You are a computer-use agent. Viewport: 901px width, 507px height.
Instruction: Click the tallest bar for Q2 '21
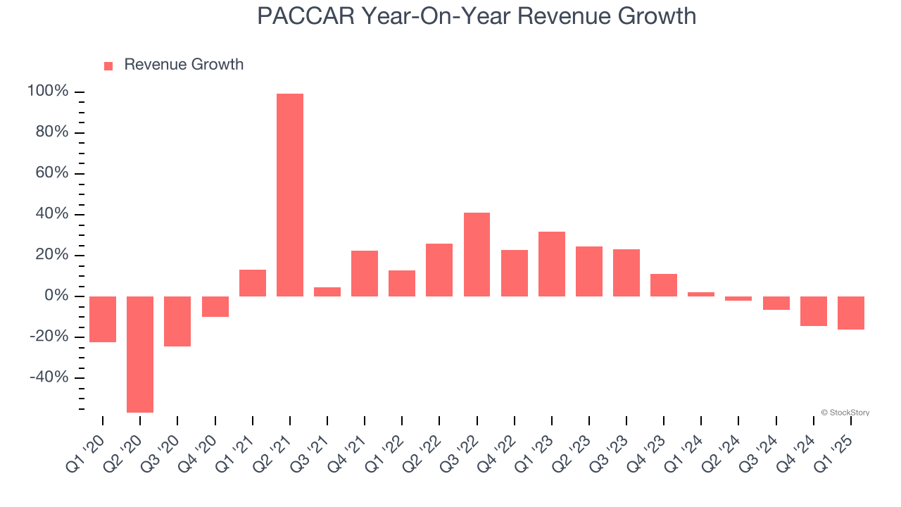coord(290,195)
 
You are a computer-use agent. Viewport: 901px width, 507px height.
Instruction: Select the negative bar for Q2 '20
coord(140,354)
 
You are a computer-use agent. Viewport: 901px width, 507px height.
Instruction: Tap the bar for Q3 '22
coord(477,254)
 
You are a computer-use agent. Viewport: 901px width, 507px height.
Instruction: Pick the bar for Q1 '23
coord(552,264)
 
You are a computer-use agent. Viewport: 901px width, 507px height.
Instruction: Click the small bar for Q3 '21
coord(327,292)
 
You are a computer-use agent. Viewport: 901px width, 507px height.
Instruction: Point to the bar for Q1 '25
coord(851,313)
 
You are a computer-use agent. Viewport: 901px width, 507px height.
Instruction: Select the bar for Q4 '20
coord(215,306)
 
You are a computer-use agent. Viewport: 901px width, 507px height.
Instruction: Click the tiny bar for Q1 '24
coord(701,294)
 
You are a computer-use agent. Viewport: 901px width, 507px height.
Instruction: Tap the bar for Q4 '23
coord(664,285)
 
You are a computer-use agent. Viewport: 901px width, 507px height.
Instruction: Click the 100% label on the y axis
coord(48,92)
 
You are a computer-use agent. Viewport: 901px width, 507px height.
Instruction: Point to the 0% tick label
coord(56,296)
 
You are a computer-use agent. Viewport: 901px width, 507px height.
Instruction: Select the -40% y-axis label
coord(49,377)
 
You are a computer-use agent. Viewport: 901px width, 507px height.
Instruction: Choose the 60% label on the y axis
coord(52,173)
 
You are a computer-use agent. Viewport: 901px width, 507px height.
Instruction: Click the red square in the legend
coord(108,65)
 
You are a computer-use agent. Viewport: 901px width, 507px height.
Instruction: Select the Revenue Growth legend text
coord(184,65)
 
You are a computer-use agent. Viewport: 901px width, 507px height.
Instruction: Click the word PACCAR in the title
coord(305,16)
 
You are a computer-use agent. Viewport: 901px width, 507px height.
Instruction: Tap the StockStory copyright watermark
coord(845,413)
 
